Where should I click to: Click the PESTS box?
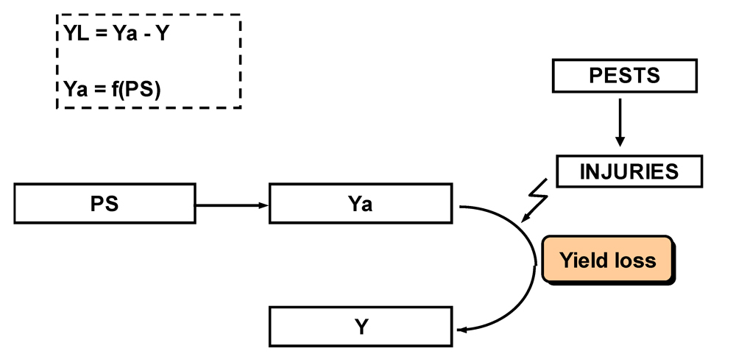pos(624,76)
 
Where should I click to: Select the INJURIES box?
pos(629,172)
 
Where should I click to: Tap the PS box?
pos(104,204)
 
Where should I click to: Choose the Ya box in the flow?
pos(360,204)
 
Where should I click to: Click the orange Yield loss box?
pos(607,260)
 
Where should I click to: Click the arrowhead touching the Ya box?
pos(263,205)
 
